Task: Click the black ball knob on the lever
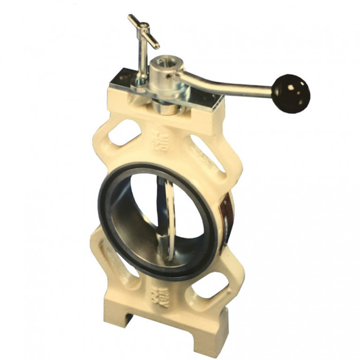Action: click(x=291, y=93)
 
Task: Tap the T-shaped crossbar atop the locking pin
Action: click(x=143, y=31)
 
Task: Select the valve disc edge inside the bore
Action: click(x=169, y=211)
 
